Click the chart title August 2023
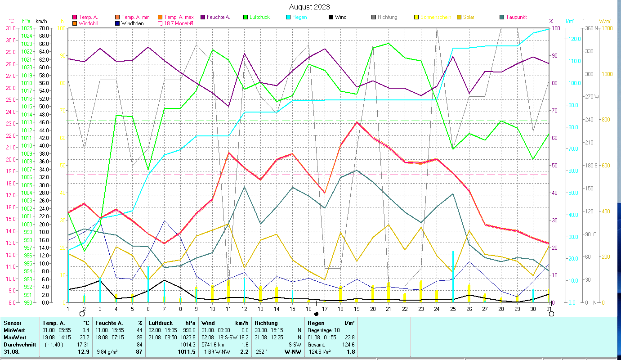coord(309,7)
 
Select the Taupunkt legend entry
coord(516,17)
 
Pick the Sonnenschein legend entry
coord(434,17)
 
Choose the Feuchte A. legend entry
coord(218,17)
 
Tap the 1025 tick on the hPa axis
coord(27,28)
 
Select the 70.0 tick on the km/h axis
coord(44,28)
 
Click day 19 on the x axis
coord(356,308)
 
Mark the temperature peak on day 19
coord(357,122)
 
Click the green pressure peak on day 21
coord(389,44)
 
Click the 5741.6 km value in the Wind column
coord(214,344)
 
